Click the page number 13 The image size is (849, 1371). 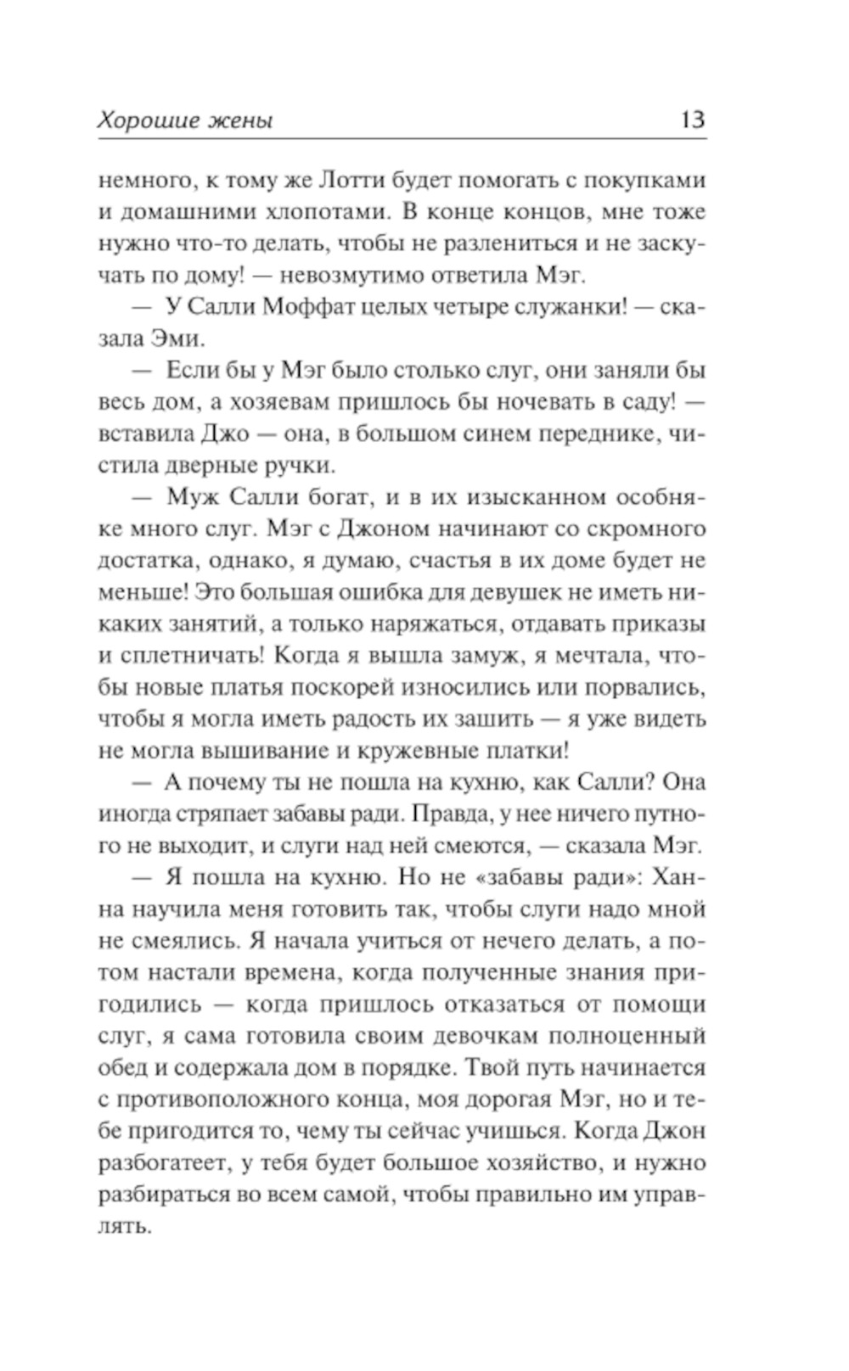click(x=692, y=119)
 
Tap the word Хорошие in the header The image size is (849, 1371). click(x=144, y=120)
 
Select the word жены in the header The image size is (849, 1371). click(x=239, y=121)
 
